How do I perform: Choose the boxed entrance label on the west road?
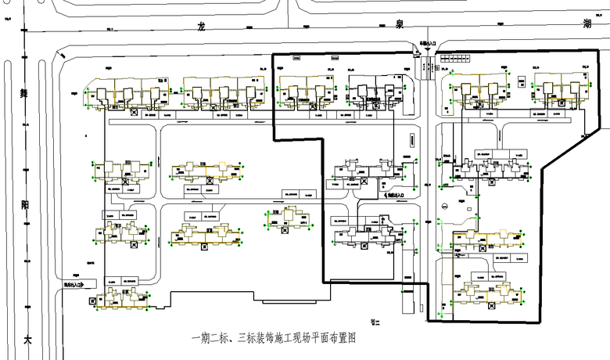73,284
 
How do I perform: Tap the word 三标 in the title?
245,339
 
